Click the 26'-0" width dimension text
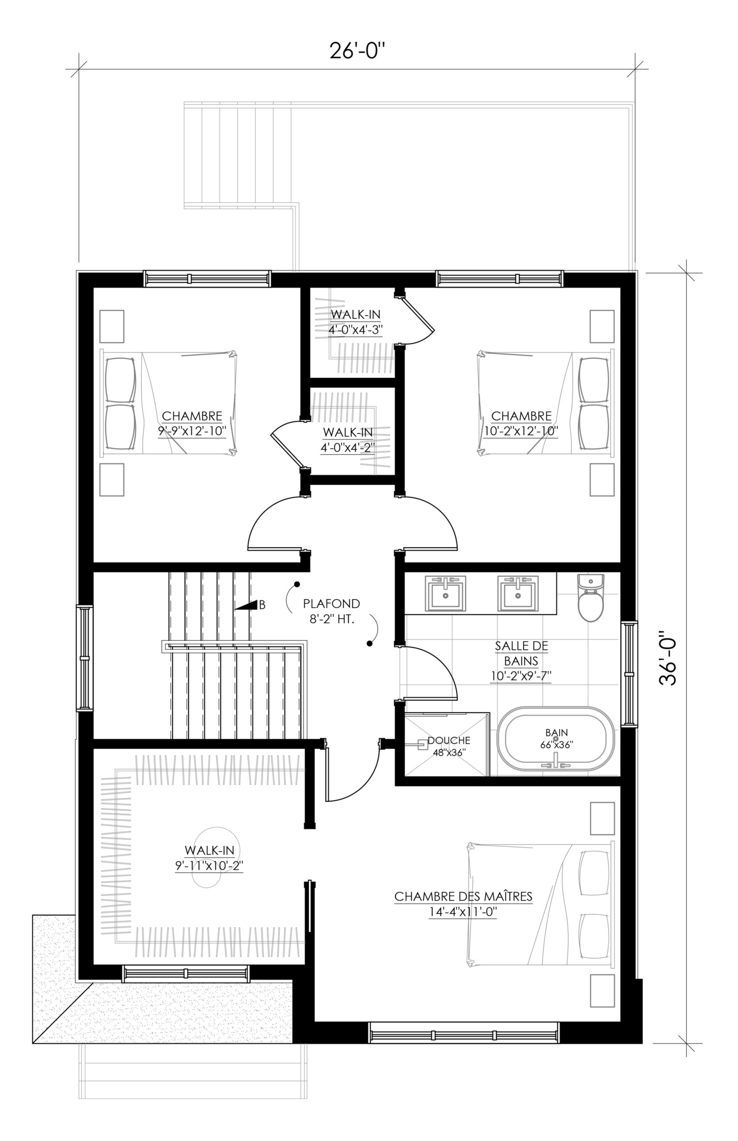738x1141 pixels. pos(357,51)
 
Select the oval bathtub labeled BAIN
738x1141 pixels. pos(556,741)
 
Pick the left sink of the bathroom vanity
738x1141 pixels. pos(446,594)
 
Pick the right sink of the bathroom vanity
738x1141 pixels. pos(517,594)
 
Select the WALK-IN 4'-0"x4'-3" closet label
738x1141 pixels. pos(356,321)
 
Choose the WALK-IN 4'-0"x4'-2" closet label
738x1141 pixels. pos(348,439)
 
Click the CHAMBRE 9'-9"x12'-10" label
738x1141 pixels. pos(192,423)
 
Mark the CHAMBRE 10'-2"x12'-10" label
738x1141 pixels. pos(521,423)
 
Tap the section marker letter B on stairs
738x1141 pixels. pos(262,605)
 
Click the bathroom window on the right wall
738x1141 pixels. pos(630,674)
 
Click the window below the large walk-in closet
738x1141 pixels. pos(186,973)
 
